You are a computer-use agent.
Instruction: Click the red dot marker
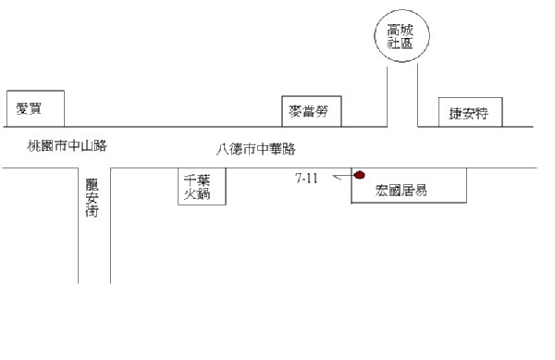tap(360, 175)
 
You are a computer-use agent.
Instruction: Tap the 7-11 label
tap(306, 178)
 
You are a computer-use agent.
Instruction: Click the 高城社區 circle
tap(401, 10)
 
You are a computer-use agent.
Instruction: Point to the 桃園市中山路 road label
tap(67, 145)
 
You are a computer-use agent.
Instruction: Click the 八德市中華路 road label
tap(256, 149)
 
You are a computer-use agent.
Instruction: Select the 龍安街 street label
tap(92, 197)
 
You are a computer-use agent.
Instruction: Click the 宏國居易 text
tap(401, 191)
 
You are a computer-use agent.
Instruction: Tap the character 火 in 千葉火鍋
tap(190, 193)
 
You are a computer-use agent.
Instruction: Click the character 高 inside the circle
tap(394, 31)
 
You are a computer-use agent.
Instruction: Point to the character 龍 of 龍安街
tap(92, 184)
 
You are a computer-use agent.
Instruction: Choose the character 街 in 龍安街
tap(92, 211)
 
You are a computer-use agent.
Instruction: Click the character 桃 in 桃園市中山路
tap(34, 145)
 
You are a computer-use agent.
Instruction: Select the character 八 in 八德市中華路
tap(223, 149)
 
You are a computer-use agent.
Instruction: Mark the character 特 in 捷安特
tap(482, 113)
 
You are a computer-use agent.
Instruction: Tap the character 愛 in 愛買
tap(22, 108)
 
